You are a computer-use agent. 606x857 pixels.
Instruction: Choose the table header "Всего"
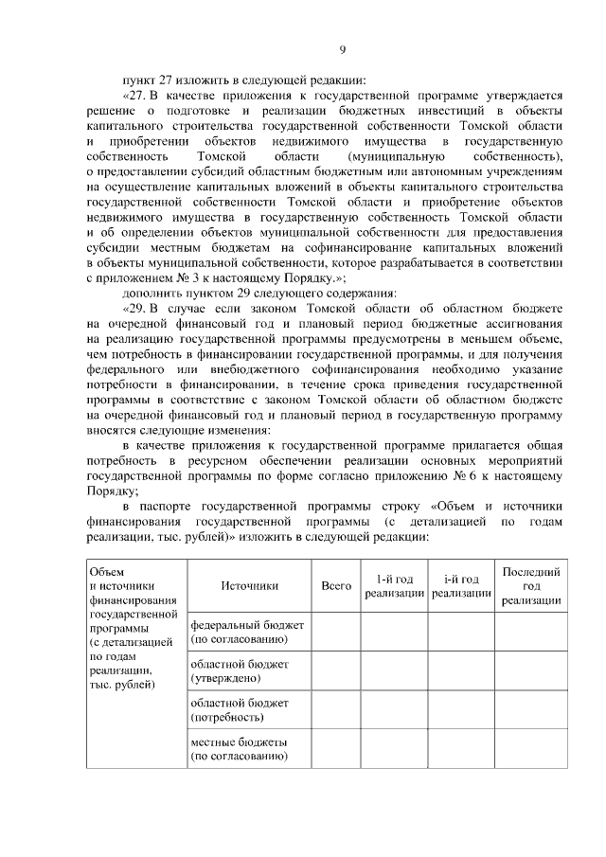point(336,586)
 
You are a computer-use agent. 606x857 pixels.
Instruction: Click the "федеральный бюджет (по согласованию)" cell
point(249,633)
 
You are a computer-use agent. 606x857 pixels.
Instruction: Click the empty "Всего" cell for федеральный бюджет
point(336,633)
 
